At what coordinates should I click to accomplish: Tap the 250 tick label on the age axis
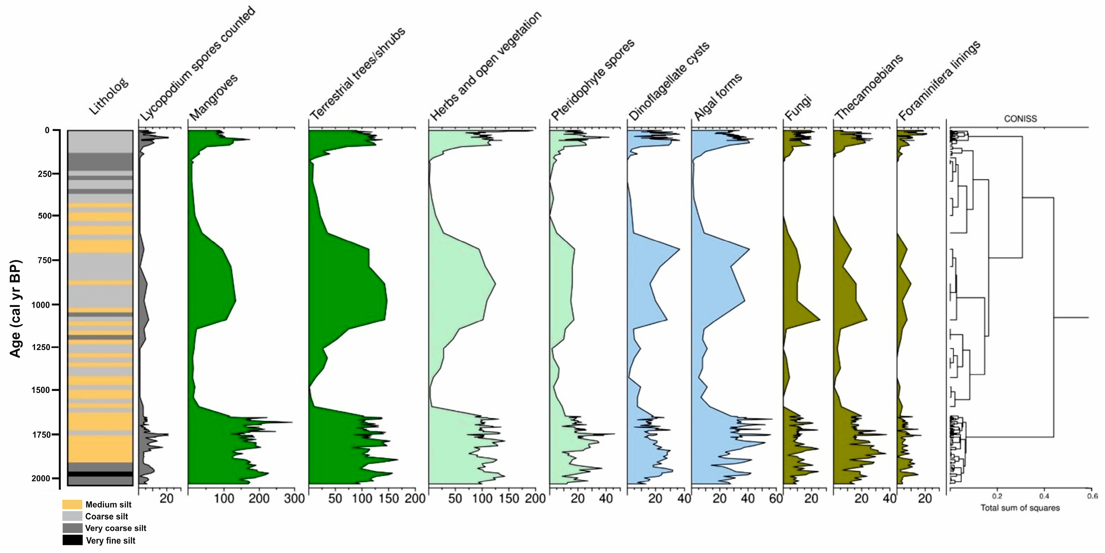pos(45,174)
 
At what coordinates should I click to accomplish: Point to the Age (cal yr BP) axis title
pos(16,308)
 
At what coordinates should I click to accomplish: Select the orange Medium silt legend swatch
pos(72,504)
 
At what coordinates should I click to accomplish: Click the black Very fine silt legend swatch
pos(72,540)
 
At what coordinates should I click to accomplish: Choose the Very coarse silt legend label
pos(115,528)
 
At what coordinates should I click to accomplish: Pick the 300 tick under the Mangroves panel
pos(294,498)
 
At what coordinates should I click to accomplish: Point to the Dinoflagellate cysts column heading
pos(669,82)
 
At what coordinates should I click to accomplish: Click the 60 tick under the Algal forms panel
pos(776,498)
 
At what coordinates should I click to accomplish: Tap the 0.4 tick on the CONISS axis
pos(1044,496)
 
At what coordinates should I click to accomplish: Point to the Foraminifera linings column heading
pos(939,81)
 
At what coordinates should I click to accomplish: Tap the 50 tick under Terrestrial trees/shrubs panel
pos(335,498)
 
